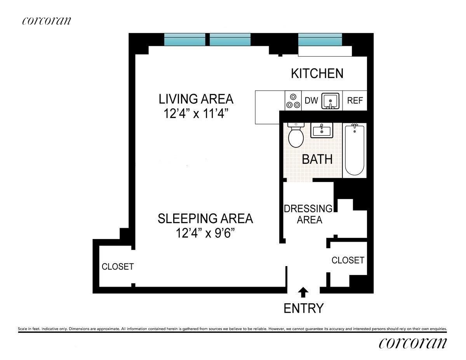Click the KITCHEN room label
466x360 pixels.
317,73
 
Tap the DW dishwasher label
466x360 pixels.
311,100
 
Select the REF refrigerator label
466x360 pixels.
355,100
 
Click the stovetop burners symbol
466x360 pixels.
293,101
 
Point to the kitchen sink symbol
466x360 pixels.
330,101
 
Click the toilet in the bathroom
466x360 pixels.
296,135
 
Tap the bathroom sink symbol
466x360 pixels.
322,130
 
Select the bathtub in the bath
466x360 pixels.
355,150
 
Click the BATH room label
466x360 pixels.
317,159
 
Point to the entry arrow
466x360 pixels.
303,292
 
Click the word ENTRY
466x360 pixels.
303,308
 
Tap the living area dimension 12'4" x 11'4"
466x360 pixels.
196,113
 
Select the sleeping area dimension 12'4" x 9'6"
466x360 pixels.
205,233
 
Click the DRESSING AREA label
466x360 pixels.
308,214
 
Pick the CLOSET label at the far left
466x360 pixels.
118,267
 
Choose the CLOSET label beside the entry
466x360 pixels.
348,260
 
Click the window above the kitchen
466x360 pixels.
320,40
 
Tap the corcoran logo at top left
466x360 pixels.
47,21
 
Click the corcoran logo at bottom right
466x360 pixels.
413,343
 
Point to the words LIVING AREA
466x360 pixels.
196,99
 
